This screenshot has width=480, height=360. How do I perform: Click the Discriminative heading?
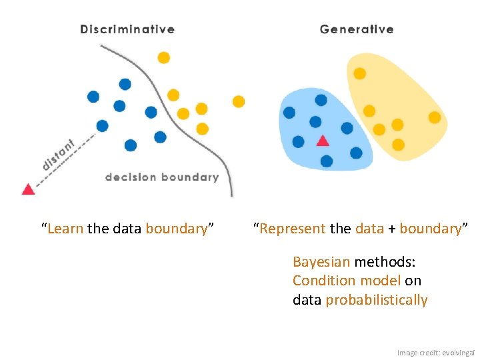[x=127, y=29]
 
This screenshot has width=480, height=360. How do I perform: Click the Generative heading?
[x=357, y=29]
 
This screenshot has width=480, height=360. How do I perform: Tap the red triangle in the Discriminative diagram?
[x=28, y=189]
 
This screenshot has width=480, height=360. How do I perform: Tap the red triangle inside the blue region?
[x=323, y=141]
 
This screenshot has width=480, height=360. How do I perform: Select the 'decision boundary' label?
[x=162, y=177]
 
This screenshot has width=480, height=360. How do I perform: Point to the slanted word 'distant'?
[x=59, y=153]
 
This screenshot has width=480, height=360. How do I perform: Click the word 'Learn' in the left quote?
[x=65, y=229]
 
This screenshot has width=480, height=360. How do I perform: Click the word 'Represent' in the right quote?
[x=294, y=229]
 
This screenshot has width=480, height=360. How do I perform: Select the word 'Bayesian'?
[x=321, y=262]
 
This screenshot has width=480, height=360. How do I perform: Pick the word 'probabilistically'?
[x=377, y=300]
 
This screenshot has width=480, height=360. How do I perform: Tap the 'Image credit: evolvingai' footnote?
[x=435, y=352]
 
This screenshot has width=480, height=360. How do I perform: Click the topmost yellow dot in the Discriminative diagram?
[x=163, y=58]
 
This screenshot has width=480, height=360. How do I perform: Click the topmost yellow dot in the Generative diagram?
[x=359, y=73]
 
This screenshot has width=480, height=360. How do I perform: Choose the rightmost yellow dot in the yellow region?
[x=434, y=117]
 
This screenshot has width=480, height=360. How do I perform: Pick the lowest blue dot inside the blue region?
[x=326, y=161]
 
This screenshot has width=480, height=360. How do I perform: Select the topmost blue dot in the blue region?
[x=321, y=100]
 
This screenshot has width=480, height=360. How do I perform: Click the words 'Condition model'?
[x=347, y=281]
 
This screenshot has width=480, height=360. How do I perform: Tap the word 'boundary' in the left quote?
[x=177, y=229]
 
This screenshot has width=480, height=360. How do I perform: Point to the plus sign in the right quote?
[x=392, y=229]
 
